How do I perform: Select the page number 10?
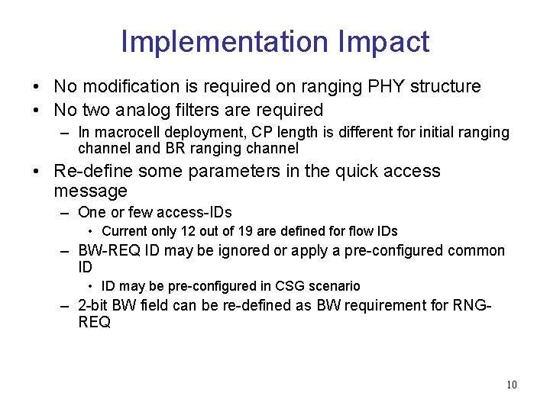click(511, 385)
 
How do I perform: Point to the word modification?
click(124, 86)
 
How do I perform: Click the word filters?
click(199, 110)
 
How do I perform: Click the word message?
click(90, 190)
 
